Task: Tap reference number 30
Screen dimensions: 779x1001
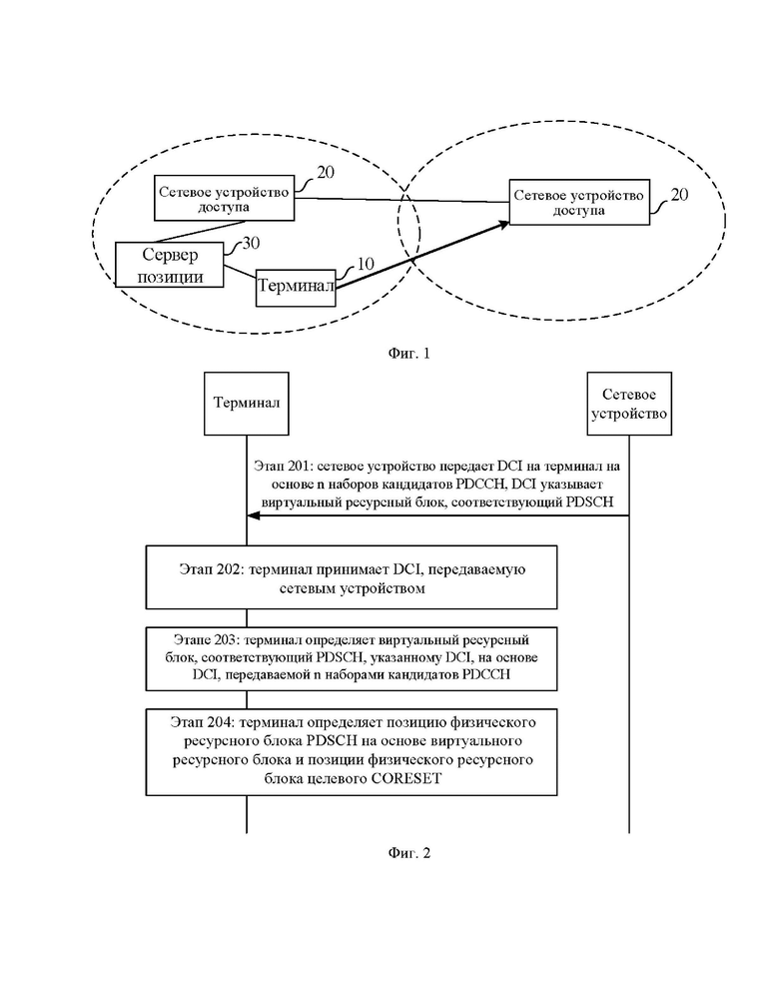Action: (251, 243)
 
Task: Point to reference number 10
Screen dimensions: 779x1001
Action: (365, 264)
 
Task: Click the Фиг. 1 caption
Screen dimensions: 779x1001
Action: (408, 353)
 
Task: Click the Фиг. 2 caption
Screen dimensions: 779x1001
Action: (408, 853)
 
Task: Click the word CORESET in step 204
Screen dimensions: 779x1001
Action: (405, 779)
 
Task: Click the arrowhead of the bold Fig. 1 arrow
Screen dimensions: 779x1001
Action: (505, 224)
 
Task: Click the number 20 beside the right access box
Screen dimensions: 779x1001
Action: (679, 194)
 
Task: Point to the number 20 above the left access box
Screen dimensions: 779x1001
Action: (326, 173)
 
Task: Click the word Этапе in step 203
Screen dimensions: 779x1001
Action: (192, 639)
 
